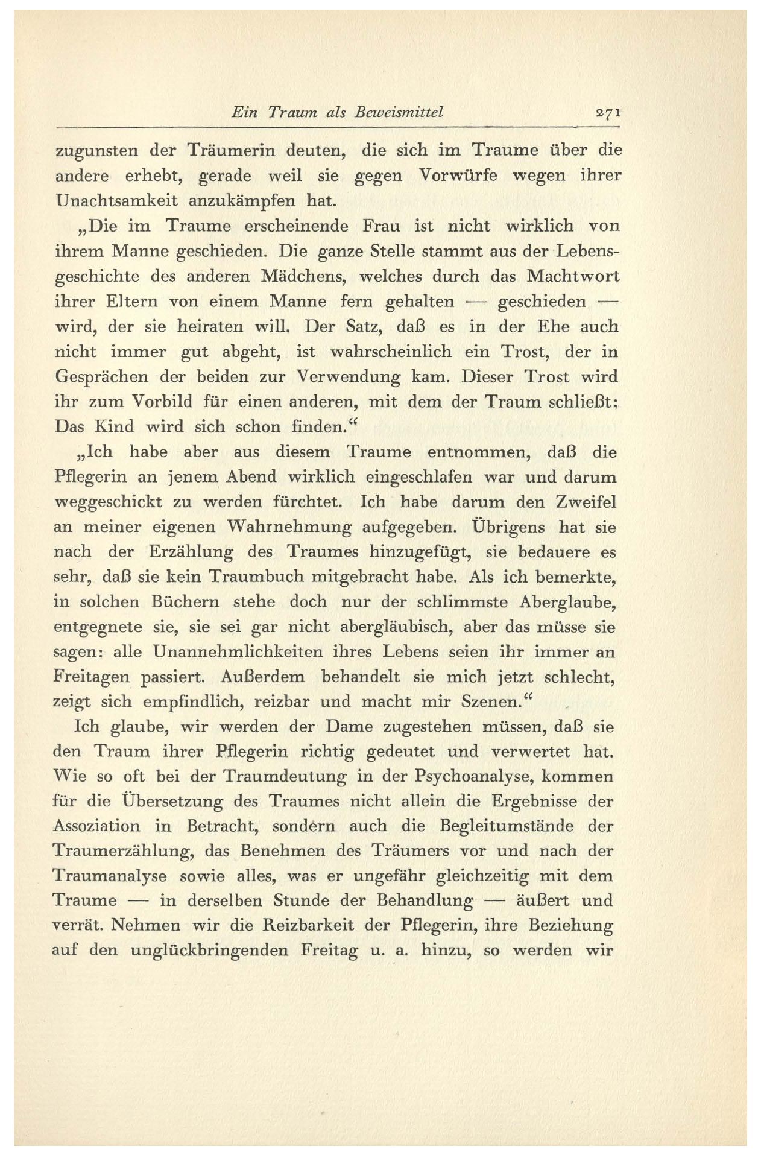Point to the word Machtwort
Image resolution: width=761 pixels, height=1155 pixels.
pyautogui.click(x=573, y=276)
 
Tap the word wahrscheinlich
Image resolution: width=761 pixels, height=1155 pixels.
pyautogui.click(x=386, y=352)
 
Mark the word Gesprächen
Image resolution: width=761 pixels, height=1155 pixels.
pyautogui.click(x=101, y=377)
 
